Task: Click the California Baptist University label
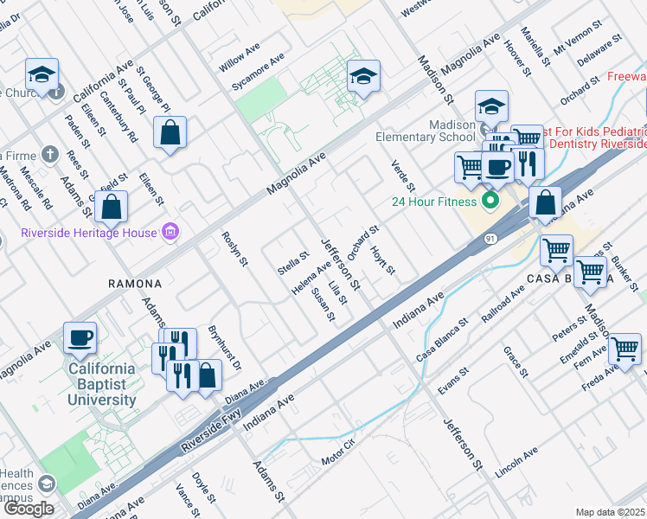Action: pyautogui.click(x=102, y=384)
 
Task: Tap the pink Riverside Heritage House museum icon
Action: pyautogui.click(x=171, y=232)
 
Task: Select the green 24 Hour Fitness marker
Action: pyautogui.click(x=490, y=202)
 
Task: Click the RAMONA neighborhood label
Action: pyautogui.click(x=134, y=284)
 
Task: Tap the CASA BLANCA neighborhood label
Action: pyautogui.click(x=570, y=279)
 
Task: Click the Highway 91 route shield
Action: pyautogui.click(x=489, y=237)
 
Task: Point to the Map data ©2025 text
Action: pyautogui.click(x=610, y=512)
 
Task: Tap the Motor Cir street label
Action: pyautogui.click(x=338, y=458)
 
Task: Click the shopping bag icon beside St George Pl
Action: pyautogui.click(x=170, y=133)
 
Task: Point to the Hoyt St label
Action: pyautogui.click(x=382, y=259)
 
